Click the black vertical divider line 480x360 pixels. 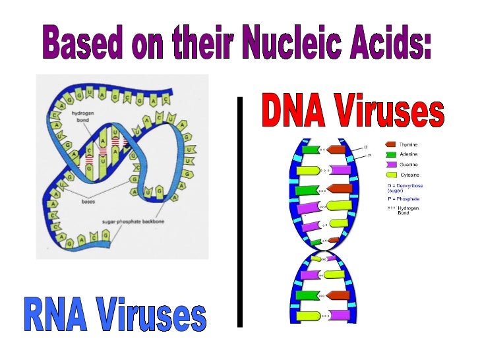[239, 211]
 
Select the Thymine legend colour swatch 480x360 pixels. [390, 144]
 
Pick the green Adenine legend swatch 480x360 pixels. [390, 154]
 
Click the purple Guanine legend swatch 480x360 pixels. [390, 164]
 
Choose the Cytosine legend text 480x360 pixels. [411, 175]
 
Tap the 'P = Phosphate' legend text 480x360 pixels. [404, 198]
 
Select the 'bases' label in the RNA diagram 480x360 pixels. [88, 202]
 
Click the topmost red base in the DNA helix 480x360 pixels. [337, 150]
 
